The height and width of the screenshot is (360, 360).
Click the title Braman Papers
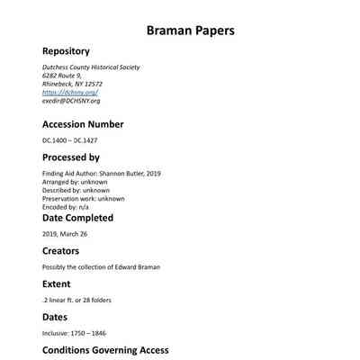point(190,30)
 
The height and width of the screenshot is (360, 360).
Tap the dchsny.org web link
point(70,93)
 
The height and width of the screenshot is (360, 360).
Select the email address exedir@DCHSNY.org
point(71,101)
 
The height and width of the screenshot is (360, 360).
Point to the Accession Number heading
point(83,124)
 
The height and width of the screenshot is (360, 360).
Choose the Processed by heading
point(71,157)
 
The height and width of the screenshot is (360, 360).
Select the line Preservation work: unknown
point(83,199)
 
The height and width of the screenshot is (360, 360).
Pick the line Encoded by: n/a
point(66,207)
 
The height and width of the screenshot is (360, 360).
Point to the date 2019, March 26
point(65,234)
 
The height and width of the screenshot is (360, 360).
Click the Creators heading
point(60,251)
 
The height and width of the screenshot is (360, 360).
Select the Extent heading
point(56,283)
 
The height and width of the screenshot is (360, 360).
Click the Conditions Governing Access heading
point(105,350)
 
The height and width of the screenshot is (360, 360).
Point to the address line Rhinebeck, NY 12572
point(73,84)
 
